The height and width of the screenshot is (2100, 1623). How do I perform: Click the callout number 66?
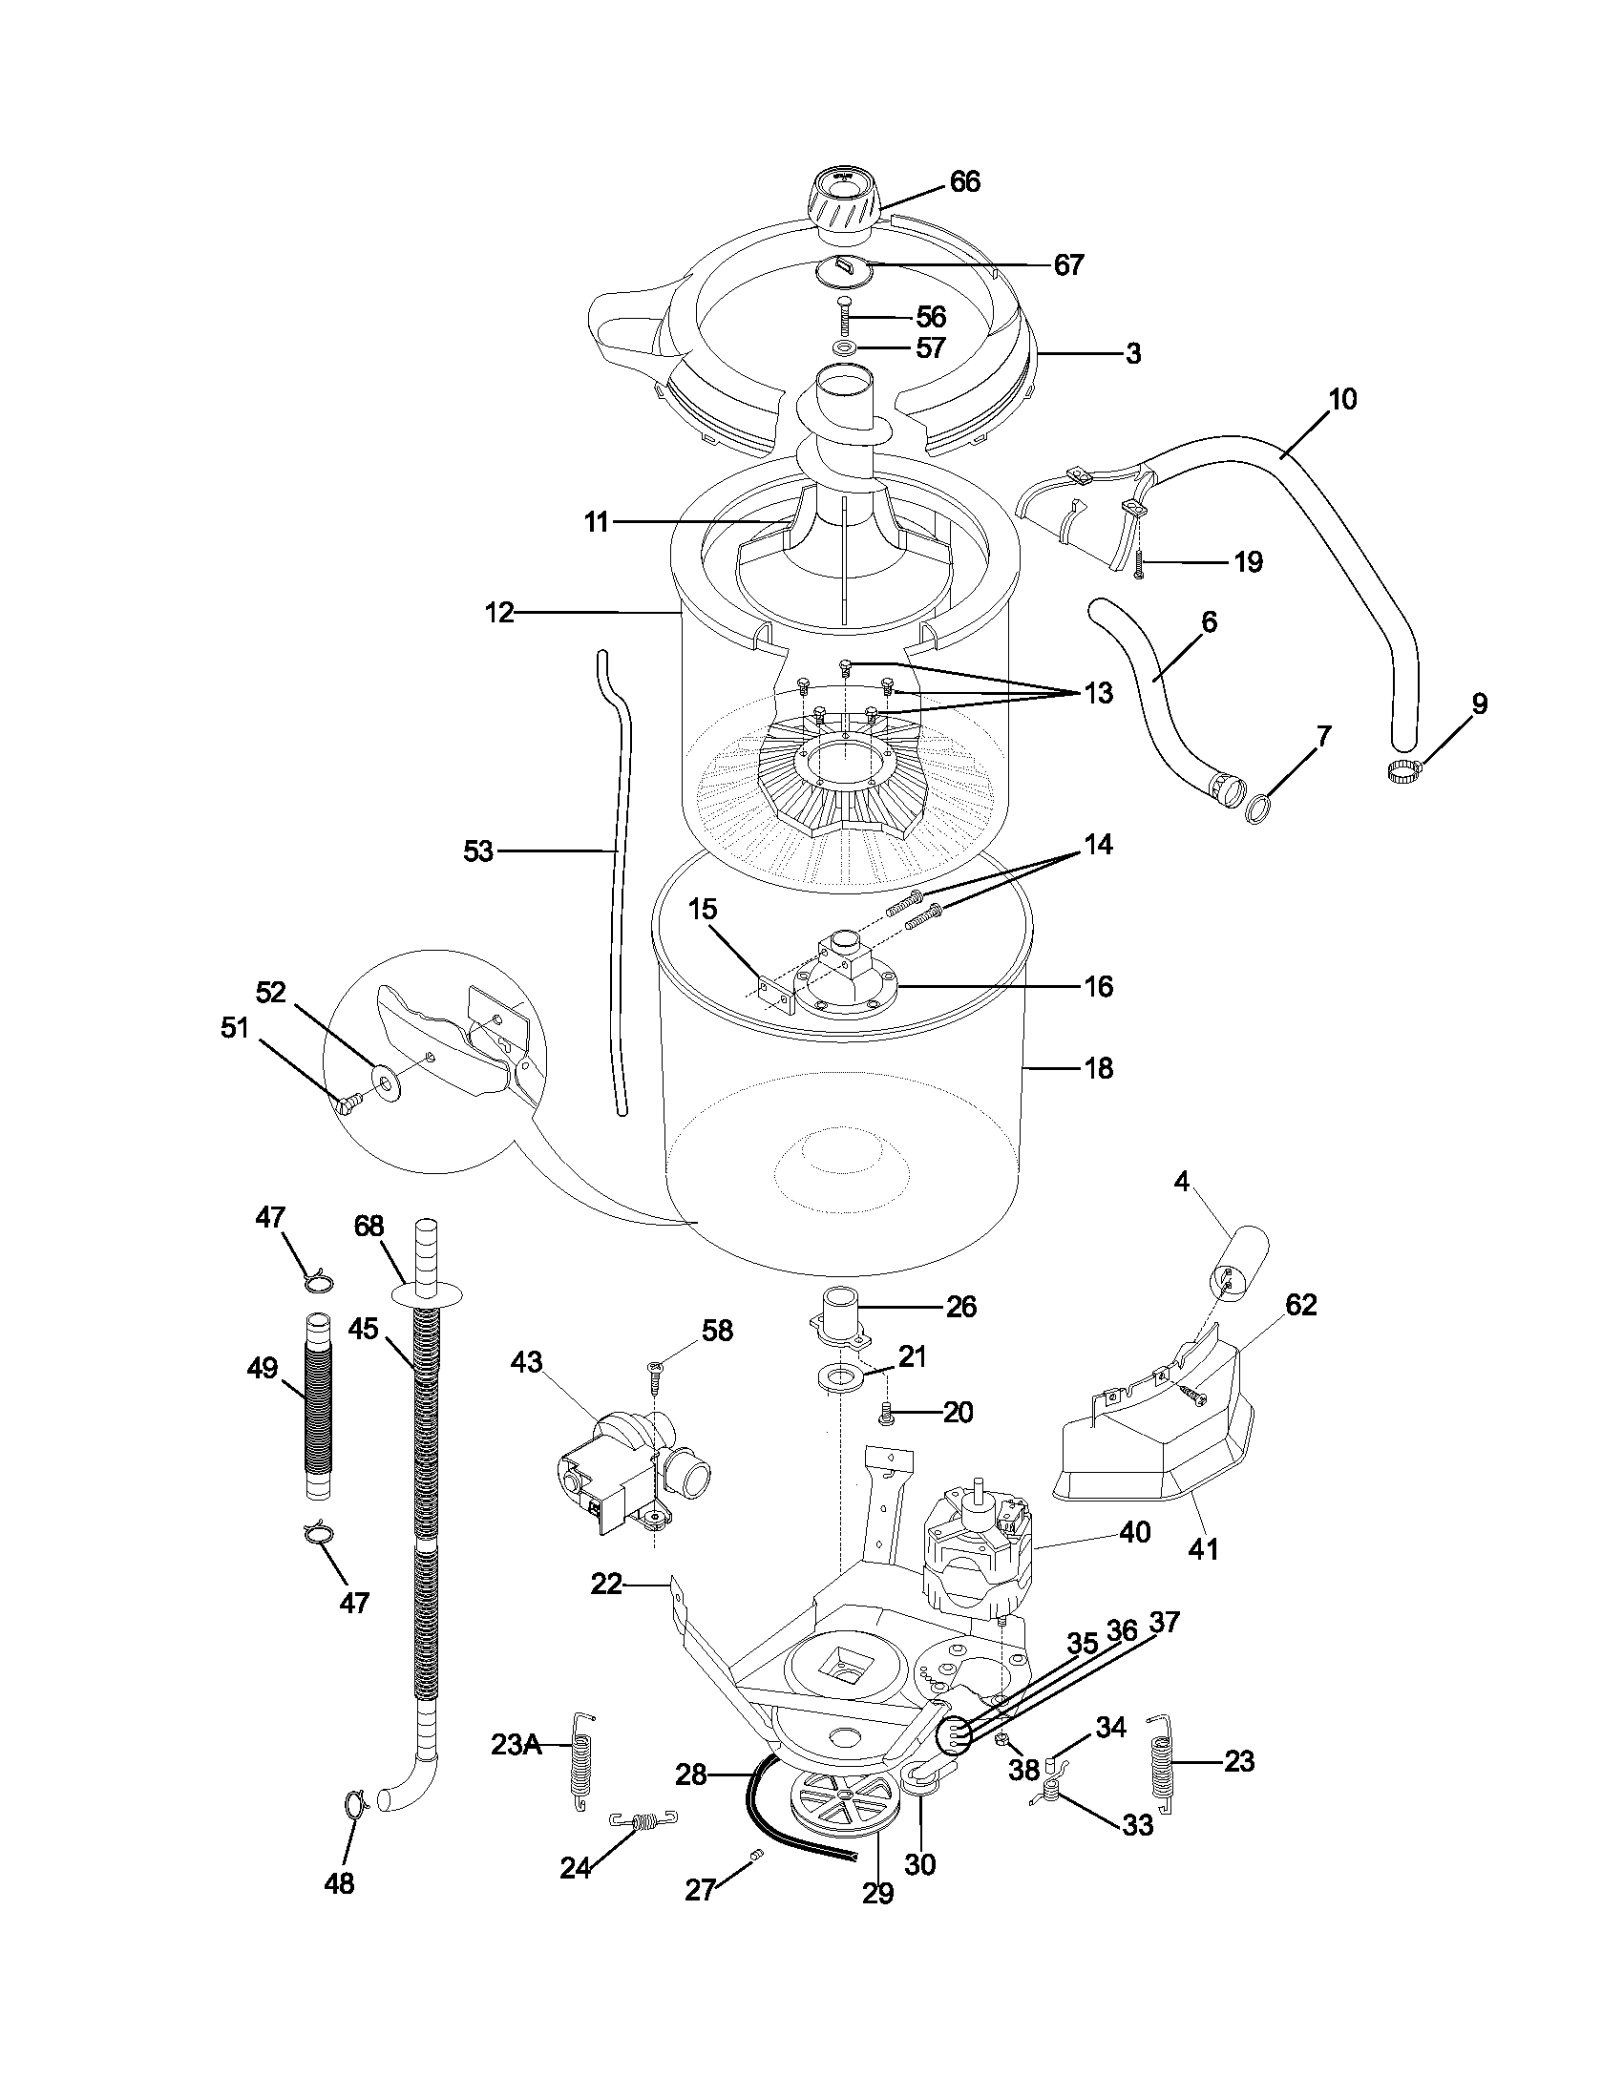coord(964,181)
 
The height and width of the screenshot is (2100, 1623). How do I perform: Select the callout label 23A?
coord(517,1745)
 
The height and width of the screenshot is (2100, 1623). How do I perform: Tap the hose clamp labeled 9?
coord(1403,768)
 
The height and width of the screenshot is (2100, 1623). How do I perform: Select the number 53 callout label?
coord(478,850)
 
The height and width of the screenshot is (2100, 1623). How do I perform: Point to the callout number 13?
coord(1098,692)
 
